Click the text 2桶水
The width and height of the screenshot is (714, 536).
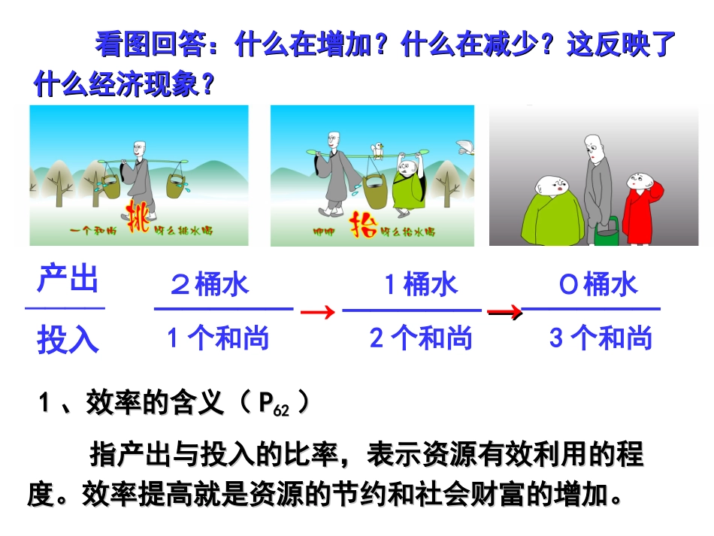click(x=210, y=285)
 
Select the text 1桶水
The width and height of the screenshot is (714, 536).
click(x=421, y=285)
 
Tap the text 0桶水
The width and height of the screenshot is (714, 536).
click(x=599, y=285)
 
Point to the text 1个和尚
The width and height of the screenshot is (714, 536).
click(x=218, y=338)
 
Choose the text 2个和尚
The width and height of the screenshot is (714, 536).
click(x=421, y=338)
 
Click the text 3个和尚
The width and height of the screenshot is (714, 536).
click(x=601, y=338)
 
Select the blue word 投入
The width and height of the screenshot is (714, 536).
click(x=68, y=340)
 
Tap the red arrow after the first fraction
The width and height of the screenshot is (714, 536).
click(x=317, y=313)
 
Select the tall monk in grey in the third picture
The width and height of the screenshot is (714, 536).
click(x=597, y=180)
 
